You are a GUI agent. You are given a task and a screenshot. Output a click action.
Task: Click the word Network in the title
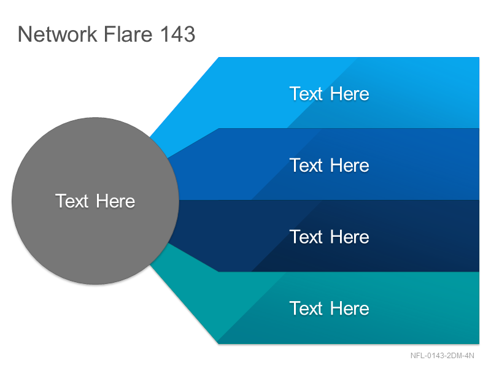(x=58, y=34)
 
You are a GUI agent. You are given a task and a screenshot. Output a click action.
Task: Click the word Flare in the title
(x=128, y=34)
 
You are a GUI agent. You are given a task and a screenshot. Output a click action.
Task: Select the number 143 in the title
(x=177, y=34)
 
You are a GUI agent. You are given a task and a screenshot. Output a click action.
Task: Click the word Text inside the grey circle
(x=72, y=201)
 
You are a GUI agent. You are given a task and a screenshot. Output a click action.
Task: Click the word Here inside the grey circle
(x=115, y=201)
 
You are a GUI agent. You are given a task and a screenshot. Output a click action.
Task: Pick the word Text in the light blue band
(x=306, y=94)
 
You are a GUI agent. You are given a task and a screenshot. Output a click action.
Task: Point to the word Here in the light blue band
(x=349, y=94)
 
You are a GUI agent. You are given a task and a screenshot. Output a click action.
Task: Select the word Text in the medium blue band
(x=306, y=165)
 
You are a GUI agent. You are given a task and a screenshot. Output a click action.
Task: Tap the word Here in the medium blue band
(x=349, y=165)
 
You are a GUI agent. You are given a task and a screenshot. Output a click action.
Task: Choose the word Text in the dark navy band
(x=306, y=237)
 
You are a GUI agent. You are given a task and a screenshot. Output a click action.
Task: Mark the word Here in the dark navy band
(x=349, y=237)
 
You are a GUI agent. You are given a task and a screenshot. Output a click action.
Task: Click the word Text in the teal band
(x=306, y=309)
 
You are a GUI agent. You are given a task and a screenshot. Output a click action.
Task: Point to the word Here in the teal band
(x=349, y=309)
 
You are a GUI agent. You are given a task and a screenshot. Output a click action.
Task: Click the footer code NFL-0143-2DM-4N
(x=442, y=356)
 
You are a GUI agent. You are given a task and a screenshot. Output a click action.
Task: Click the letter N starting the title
(x=24, y=34)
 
